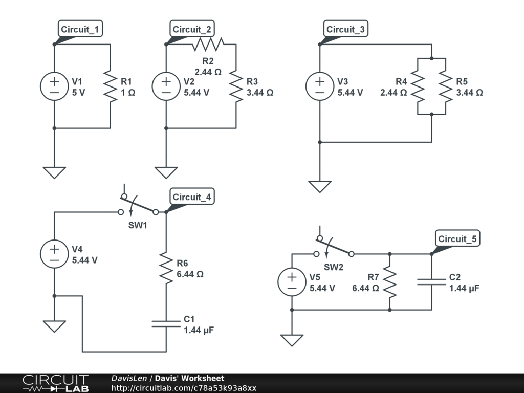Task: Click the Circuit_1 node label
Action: click(80, 29)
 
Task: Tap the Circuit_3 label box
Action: click(345, 29)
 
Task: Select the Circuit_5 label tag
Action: click(457, 238)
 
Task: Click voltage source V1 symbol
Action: click(54, 86)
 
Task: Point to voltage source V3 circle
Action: click(320, 86)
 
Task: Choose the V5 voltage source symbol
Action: click(292, 282)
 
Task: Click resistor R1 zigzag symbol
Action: click(111, 86)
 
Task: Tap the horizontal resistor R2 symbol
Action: click(208, 45)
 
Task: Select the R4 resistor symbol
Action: click(418, 86)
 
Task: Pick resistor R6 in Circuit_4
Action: click(166, 268)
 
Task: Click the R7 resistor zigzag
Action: click(389, 282)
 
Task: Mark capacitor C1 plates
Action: click(166, 324)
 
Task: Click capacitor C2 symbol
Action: click(432, 282)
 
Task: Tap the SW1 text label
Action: click(138, 225)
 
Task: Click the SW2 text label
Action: click(334, 267)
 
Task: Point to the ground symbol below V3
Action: click(320, 187)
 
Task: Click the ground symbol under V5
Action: click(292, 340)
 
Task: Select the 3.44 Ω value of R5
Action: click(470, 93)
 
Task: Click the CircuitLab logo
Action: click(55, 383)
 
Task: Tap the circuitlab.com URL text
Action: click(184, 388)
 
